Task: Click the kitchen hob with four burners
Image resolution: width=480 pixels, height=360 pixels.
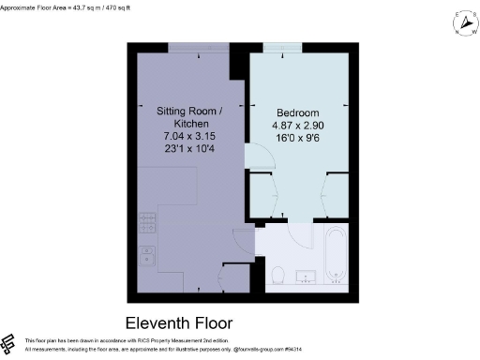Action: click(147, 223)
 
